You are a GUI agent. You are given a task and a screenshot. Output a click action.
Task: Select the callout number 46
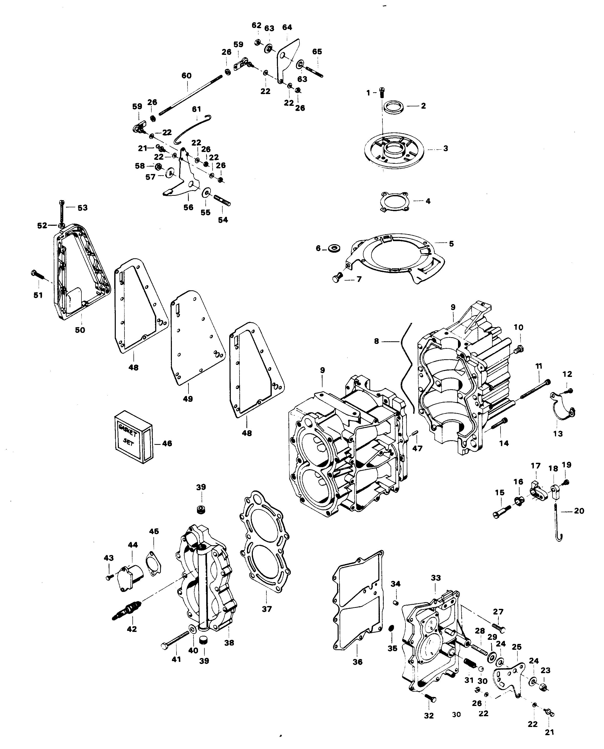(x=167, y=443)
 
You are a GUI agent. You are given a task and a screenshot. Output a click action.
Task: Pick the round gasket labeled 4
(x=394, y=201)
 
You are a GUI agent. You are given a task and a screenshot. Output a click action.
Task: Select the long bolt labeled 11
(x=535, y=389)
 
